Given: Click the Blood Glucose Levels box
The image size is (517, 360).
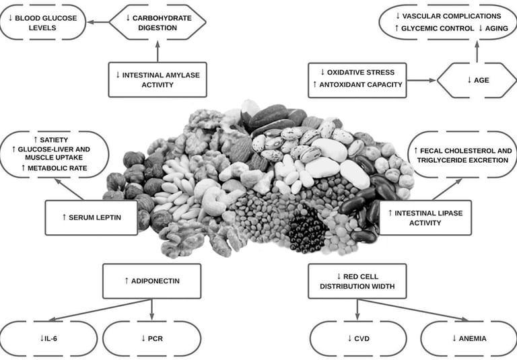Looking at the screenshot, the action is click(x=43, y=22).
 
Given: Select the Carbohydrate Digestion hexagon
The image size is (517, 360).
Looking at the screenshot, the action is click(x=158, y=22).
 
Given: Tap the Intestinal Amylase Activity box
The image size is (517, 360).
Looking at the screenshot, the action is click(x=158, y=80).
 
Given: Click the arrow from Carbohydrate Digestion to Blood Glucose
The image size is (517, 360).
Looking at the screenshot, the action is click(x=98, y=22).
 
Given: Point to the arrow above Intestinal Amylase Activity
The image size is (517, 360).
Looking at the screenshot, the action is click(x=158, y=51).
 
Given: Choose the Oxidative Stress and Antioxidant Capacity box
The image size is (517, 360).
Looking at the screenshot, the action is click(x=357, y=81).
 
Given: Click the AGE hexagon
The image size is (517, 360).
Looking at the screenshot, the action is click(x=477, y=81).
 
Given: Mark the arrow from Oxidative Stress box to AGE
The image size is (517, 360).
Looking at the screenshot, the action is click(x=422, y=81).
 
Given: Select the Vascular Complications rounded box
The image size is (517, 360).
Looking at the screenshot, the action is click(x=448, y=22).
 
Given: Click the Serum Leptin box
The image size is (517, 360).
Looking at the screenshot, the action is click(x=92, y=217).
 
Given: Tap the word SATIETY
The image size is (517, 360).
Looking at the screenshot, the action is click(x=54, y=140).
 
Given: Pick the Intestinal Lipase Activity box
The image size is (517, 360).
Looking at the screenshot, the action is click(x=425, y=217).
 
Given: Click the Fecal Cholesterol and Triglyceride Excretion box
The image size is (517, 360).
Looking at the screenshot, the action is click(x=462, y=155).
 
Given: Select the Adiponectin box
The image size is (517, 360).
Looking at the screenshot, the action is click(x=152, y=281).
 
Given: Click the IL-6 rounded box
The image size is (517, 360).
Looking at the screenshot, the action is click(x=48, y=338).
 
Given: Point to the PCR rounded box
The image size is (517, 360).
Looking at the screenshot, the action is click(x=152, y=338).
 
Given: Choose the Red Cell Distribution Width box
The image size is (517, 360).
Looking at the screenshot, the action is click(x=357, y=281).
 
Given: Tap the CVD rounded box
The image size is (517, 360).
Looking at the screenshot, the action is click(x=358, y=338).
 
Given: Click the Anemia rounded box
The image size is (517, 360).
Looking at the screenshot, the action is click(x=469, y=338).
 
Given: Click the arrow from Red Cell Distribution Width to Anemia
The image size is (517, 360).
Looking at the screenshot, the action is click(x=413, y=310).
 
